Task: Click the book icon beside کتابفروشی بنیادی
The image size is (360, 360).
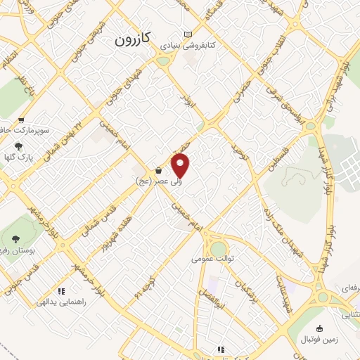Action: click(186, 34)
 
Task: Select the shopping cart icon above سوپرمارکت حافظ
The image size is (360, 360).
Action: click(23, 121)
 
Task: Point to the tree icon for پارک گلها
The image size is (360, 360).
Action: click(18, 146)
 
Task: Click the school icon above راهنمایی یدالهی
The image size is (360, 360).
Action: click(62, 290)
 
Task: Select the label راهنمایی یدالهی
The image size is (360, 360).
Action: click(65, 301)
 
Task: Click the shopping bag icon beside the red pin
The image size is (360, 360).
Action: click(159, 170)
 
